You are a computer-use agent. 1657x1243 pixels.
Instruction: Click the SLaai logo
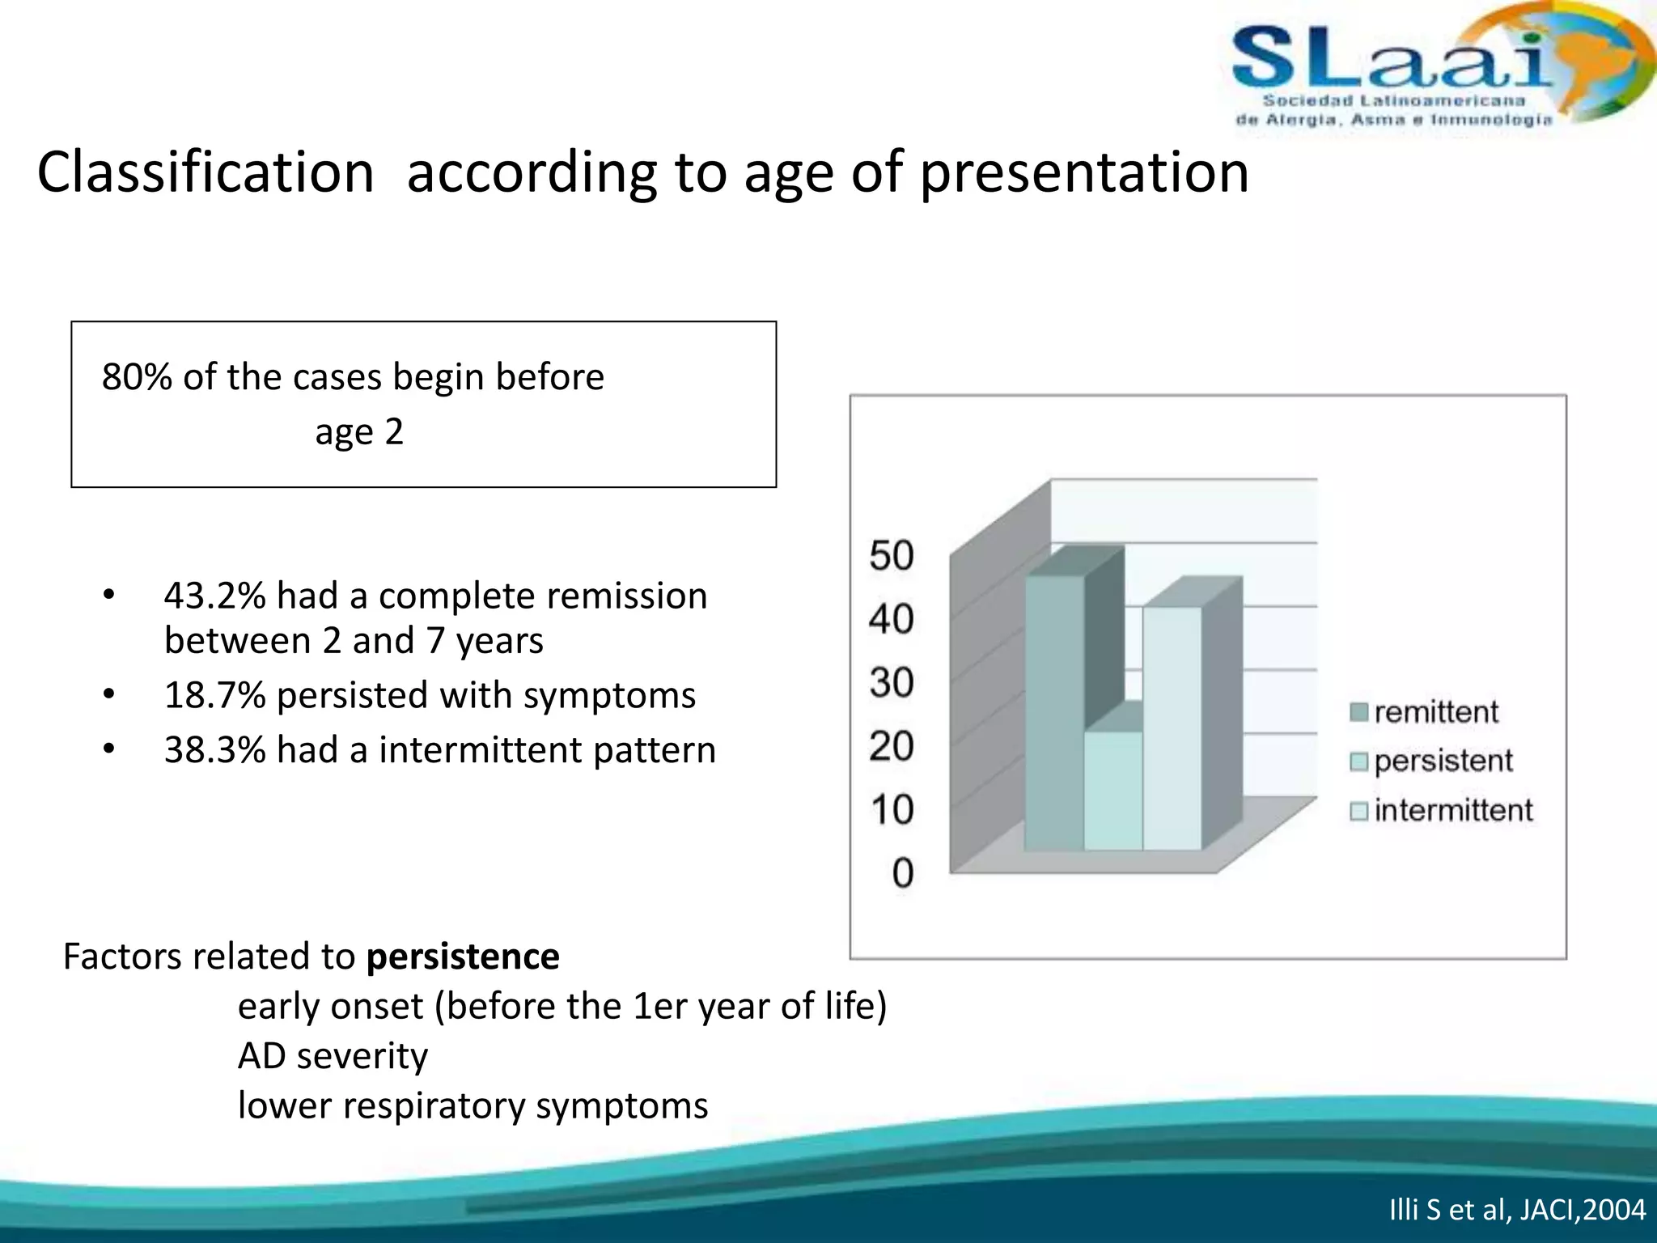point(1424,73)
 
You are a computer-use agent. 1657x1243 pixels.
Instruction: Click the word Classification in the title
point(206,172)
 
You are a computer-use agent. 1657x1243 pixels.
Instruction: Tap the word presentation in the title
point(1084,172)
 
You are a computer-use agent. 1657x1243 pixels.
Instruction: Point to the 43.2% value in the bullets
point(214,596)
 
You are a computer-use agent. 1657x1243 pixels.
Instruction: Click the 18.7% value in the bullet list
point(214,696)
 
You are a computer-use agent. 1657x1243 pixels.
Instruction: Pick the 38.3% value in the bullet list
point(214,750)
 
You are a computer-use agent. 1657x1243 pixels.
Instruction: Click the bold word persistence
point(463,957)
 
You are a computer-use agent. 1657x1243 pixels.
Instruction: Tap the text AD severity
point(333,1056)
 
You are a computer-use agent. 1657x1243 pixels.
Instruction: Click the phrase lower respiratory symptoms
point(473,1105)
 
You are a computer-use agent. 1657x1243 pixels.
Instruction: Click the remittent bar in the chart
point(1053,712)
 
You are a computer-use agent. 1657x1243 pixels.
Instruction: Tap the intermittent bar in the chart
point(1172,728)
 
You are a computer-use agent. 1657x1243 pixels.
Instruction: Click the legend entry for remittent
point(1426,712)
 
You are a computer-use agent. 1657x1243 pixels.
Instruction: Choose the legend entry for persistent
point(1432,761)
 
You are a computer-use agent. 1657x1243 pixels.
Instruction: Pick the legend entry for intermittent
point(1442,810)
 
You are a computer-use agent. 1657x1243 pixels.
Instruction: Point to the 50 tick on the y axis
point(892,556)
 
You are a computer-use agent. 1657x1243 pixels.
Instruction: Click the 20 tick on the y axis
point(892,746)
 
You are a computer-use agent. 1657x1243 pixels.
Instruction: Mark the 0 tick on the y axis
point(902,873)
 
